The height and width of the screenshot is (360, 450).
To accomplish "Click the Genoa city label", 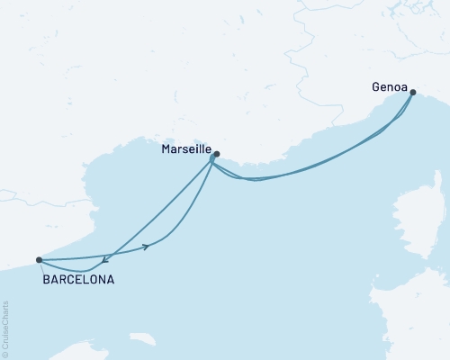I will (388, 87).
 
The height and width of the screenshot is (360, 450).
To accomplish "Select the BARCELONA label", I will (78, 280).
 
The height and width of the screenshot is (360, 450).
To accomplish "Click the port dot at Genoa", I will (412, 93).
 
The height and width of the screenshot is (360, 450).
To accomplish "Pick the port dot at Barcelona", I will (39, 260).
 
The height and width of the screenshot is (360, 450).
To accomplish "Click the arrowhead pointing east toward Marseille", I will (145, 246).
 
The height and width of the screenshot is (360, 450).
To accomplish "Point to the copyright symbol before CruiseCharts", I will (5, 354).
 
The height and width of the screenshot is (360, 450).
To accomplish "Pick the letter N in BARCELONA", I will (102, 280).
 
